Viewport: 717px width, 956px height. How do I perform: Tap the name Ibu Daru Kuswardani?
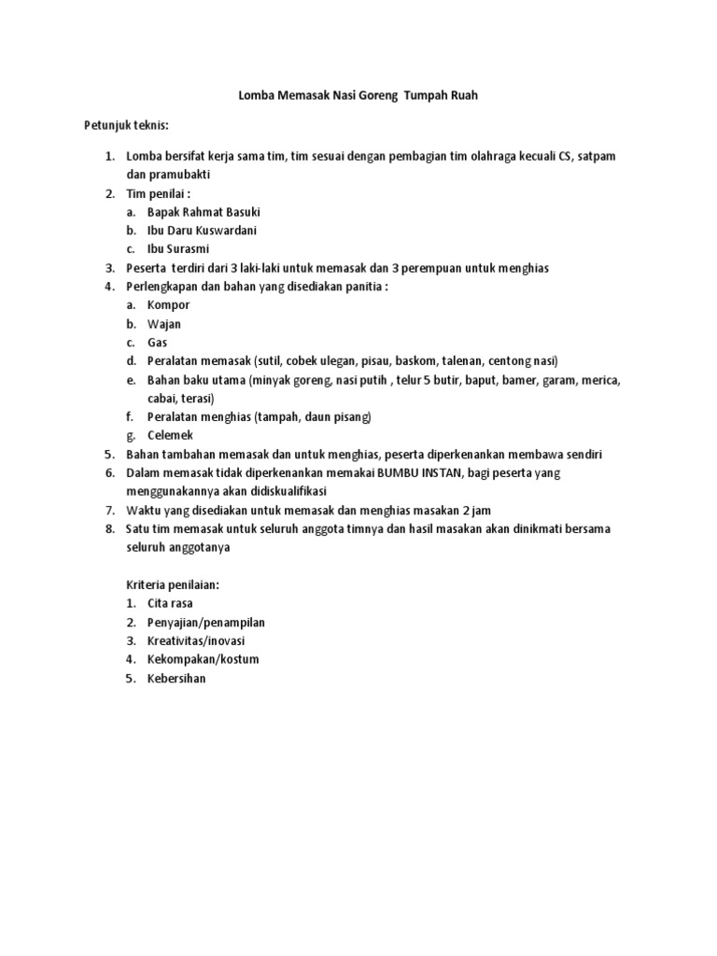click(x=202, y=230)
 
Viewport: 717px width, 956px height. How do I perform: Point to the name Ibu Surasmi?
click(x=177, y=248)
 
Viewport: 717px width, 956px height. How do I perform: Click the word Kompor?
click(x=168, y=304)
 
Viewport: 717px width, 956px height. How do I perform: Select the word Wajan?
click(x=164, y=323)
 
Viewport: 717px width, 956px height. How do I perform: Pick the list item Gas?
click(x=157, y=342)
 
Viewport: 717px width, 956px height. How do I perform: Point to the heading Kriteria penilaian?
click(x=173, y=584)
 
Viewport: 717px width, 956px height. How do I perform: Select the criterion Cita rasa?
click(x=170, y=603)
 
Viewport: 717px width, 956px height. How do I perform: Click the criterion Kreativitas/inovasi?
click(x=196, y=640)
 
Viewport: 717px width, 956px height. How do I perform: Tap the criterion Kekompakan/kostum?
click(x=203, y=659)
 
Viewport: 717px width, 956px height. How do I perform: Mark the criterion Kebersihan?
click(x=176, y=679)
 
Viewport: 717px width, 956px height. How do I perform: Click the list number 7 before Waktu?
click(x=108, y=510)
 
